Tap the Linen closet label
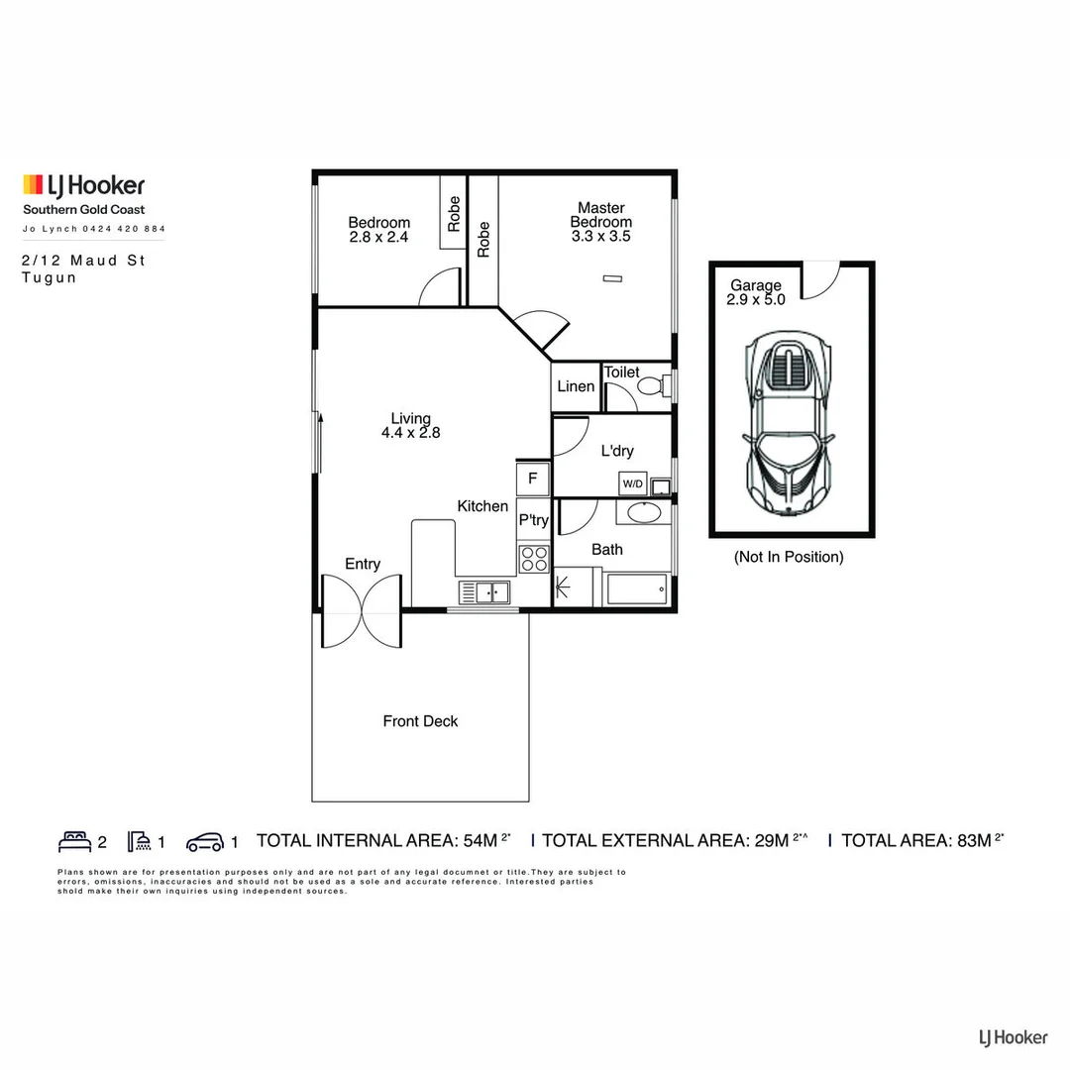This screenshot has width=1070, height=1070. tap(576, 386)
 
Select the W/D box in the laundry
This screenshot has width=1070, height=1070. tap(632, 483)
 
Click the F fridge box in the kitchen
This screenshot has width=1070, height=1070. tap(533, 479)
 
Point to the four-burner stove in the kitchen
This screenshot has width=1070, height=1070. tap(534, 559)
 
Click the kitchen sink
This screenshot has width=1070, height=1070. tap(484, 592)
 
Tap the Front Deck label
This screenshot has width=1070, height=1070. tap(420, 721)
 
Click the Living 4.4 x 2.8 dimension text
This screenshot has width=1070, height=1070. tap(410, 432)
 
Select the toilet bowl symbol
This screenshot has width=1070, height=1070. tap(651, 385)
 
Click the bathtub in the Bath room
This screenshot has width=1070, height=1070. tap(637, 588)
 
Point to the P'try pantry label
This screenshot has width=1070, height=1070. tap(533, 520)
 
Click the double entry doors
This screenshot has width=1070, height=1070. tap(362, 609)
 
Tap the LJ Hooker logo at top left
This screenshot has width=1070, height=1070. tap(84, 185)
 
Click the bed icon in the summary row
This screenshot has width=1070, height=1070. tap(74, 842)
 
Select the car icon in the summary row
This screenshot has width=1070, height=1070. tap(205, 842)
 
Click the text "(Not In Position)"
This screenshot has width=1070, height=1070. tap(789, 557)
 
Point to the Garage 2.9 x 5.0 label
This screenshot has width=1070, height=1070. tap(756, 292)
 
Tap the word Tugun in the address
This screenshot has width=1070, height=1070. tap(49, 278)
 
